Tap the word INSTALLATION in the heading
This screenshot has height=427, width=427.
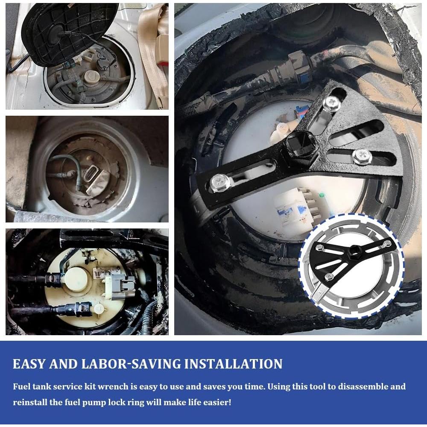pyautogui.click(x=234, y=364)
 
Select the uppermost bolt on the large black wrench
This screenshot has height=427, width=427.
pyautogui.click(x=332, y=103)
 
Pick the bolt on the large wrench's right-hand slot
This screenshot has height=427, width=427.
pyautogui.click(x=362, y=157)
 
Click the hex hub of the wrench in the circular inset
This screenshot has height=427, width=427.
pyautogui.click(x=354, y=249)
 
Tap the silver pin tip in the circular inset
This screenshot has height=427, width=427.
pyautogui.click(x=318, y=294)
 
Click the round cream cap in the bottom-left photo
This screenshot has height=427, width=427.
pyautogui.click(x=76, y=280)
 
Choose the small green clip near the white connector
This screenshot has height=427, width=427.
pyautogui.click(x=322, y=195)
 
